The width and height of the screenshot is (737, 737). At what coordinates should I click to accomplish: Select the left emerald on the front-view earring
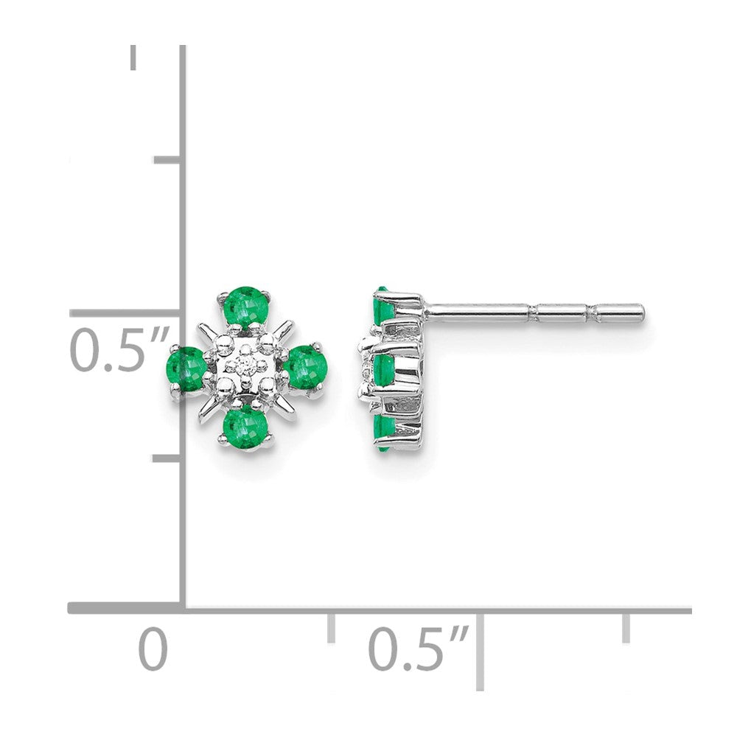click(x=186, y=364)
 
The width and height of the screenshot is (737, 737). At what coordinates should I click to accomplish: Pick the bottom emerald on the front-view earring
click(x=244, y=426)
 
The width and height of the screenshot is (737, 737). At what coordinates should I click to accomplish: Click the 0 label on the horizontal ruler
click(x=153, y=649)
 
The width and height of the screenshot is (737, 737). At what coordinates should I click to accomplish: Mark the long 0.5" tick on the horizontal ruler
click(x=480, y=649)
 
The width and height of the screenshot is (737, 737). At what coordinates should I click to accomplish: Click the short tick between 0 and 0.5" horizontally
click(x=331, y=626)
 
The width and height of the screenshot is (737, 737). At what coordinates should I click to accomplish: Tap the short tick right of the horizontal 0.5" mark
click(x=626, y=626)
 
